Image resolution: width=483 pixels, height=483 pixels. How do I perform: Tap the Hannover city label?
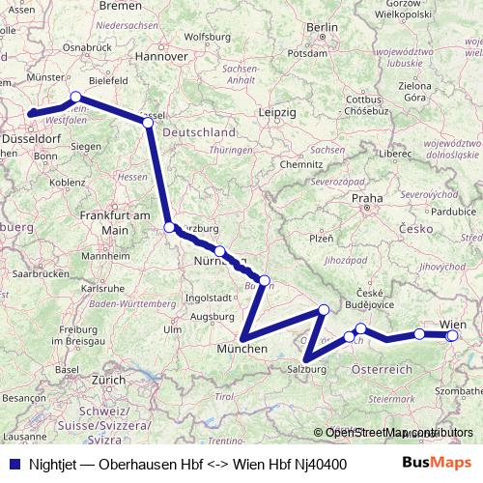(160, 57)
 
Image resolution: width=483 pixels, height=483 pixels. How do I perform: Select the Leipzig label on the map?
(277, 112)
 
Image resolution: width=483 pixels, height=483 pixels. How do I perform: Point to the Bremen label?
(120, 5)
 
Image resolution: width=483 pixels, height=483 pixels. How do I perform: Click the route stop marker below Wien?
(452, 335)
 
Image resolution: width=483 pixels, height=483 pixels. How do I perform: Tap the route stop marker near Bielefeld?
(76, 97)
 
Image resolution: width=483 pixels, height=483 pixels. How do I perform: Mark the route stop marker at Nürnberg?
(220, 251)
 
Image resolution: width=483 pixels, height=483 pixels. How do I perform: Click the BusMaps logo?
(437, 464)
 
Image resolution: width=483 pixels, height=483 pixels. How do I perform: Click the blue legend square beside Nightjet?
(13, 465)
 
